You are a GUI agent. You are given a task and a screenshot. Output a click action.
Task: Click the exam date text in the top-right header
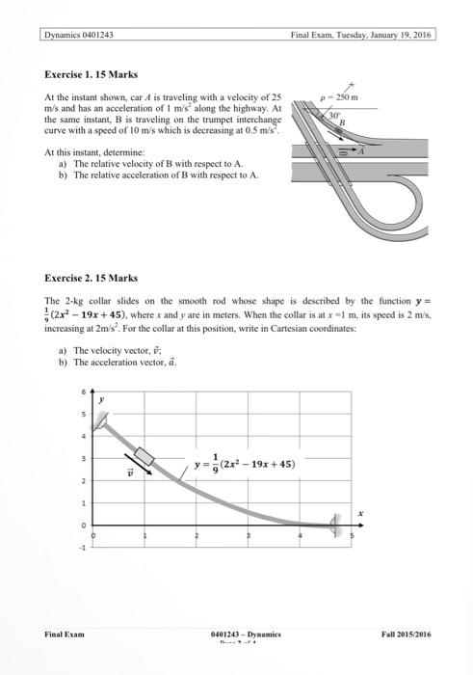tap(360, 35)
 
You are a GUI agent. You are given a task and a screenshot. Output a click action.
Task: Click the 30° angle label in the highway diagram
tap(334, 114)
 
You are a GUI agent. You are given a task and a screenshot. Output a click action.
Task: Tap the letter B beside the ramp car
tap(341, 122)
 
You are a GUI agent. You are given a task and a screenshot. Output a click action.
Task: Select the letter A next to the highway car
tap(362, 150)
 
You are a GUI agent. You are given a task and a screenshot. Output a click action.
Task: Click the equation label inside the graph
tap(244, 464)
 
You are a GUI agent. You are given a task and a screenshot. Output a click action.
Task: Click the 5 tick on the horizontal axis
tap(352, 534)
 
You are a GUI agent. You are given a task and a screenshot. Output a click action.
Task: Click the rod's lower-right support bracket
tap(336, 525)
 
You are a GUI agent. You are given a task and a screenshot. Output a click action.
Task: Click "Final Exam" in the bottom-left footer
tap(65, 634)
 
